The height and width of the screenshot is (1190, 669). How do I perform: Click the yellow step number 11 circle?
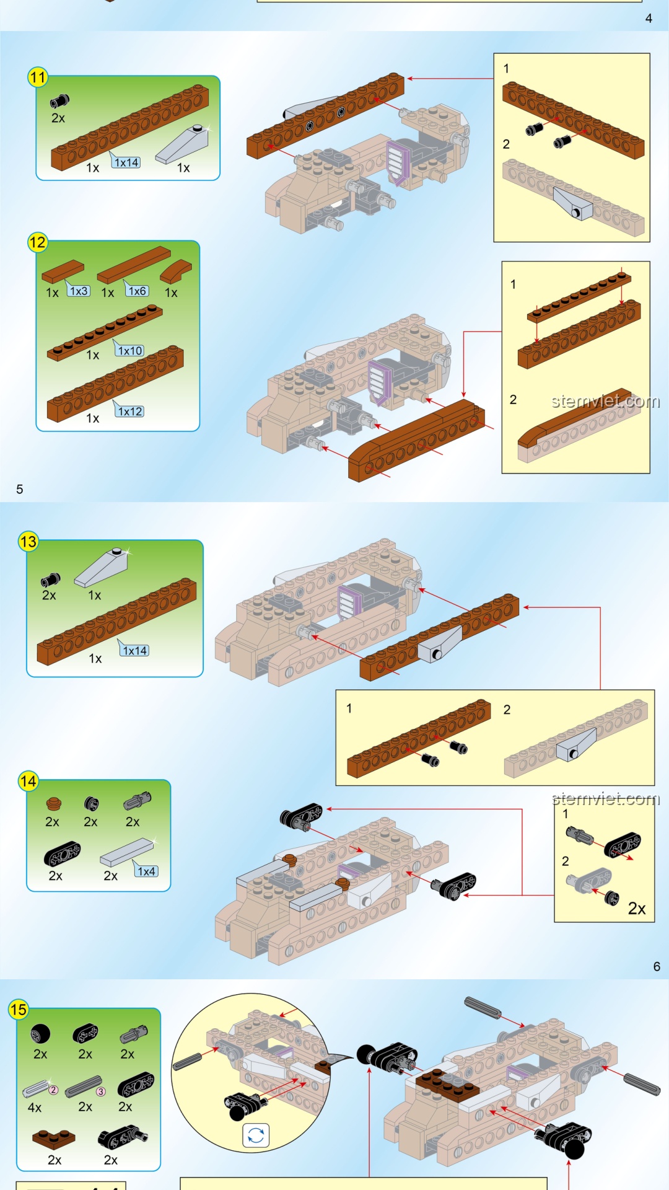point(38,77)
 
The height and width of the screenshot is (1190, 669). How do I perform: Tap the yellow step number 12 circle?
point(37,242)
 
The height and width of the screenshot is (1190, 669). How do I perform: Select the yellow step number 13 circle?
point(28,542)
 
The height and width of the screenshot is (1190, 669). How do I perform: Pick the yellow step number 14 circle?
point(28,781)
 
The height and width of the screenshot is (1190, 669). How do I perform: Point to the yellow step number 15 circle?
point(19,1010)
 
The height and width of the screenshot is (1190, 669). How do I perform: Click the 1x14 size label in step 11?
point(126,162)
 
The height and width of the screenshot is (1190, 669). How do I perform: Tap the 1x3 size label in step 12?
point(79,291)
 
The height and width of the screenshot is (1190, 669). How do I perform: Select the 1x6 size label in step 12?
point(137,291)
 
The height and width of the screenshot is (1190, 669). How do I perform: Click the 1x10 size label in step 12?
point(130,350)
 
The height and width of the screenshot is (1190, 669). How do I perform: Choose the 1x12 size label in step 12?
point(130,411)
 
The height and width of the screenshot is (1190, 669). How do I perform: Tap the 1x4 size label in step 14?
point(146,871)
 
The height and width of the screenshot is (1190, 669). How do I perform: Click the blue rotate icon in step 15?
point(256,1135)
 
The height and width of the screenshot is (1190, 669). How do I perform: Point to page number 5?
point(20,489)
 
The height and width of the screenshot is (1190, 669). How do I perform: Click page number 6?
point(657,966)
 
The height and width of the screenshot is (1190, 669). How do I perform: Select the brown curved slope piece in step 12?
point(176,271)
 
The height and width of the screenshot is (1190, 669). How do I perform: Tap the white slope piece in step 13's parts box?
point(102,567)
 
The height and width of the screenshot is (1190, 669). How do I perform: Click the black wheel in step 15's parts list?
point(40,1034)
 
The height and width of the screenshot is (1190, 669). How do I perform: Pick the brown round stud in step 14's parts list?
point(54,804)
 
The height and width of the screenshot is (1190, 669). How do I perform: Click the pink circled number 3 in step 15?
point(101,1091)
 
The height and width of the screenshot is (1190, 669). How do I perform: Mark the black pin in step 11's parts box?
point(59,100)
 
